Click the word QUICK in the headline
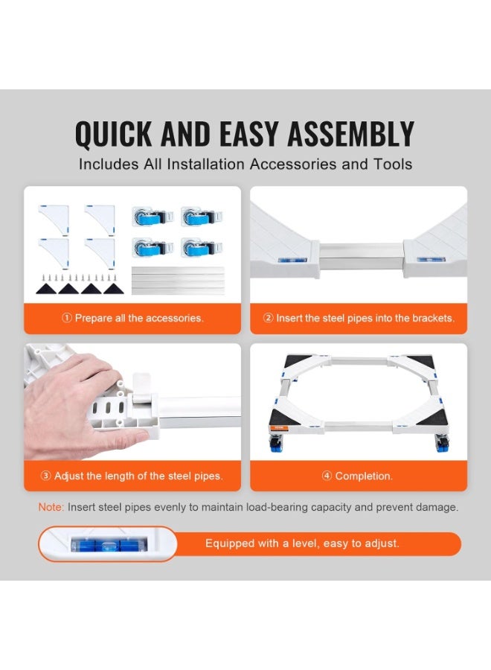(x=113, y=134)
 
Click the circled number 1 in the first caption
(x=67, y=318)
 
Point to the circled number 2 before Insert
(x=268, y=318)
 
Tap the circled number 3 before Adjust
(x=45, y=476)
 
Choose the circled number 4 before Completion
(x=327, y=476)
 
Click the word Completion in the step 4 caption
(x=363, y=476)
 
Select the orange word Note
(x=51, y=507)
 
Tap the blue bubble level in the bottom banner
(x=109, y=544)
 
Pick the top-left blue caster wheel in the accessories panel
(x=153, y=217)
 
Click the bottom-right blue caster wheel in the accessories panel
(x=202, y=248)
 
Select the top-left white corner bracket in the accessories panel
(x=54, y=220)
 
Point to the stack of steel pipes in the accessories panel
(x=178, y=281)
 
